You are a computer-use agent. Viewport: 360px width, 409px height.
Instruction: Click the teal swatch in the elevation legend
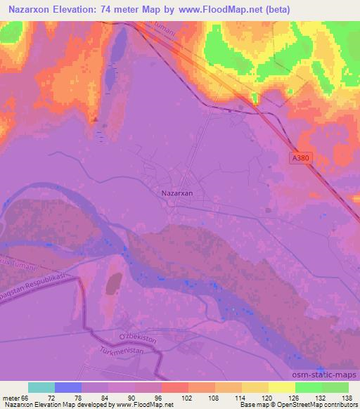pyautogui.click(x=41, y=387)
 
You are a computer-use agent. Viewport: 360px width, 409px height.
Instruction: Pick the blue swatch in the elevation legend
pyautogui.click(x=67, y=387)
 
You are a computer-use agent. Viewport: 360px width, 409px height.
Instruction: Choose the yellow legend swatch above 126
pyautogui.click(x=281, y=387)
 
